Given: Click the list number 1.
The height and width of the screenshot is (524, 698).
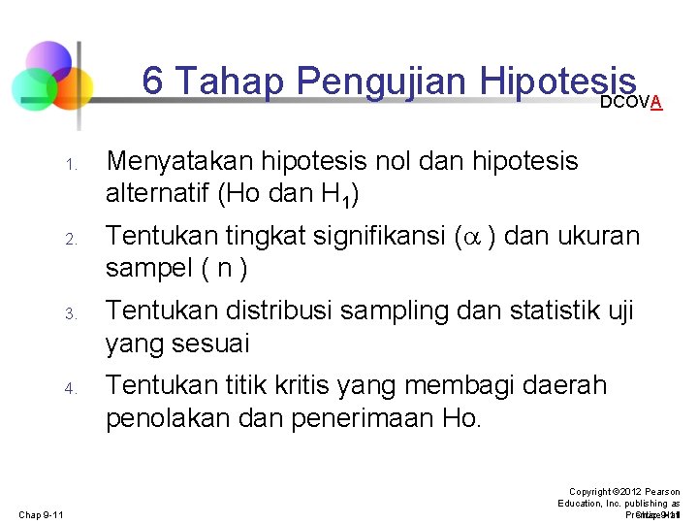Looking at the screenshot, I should tap(71, 164).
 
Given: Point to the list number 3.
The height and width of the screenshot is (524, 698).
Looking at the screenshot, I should tap(71, 313).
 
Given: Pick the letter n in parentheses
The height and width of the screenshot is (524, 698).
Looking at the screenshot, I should tap(225, 269).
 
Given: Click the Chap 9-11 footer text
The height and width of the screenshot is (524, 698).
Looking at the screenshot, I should tap(42, 514).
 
